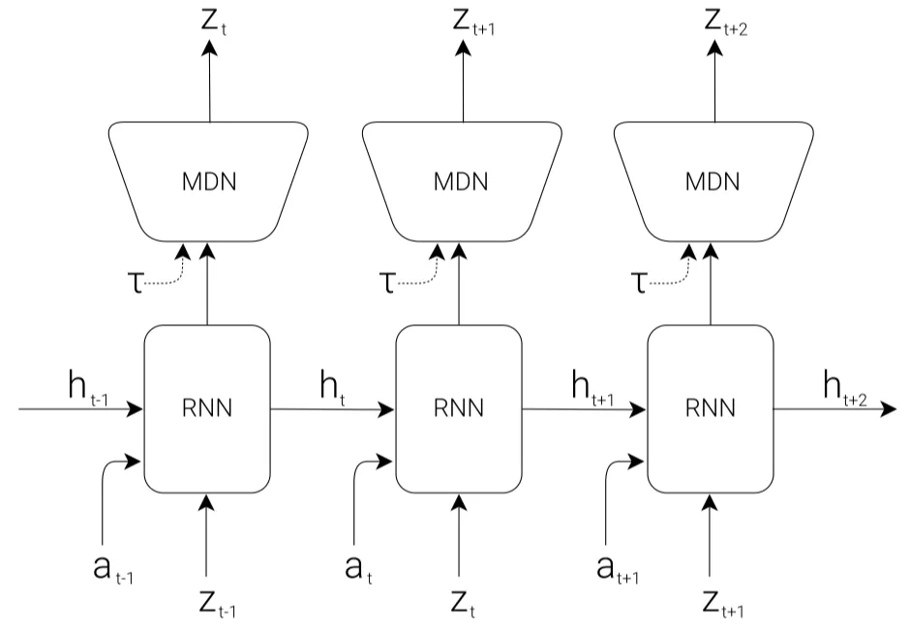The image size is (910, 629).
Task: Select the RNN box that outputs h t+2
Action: click(710, 409)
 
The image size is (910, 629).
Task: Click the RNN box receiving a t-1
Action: click(206, 409)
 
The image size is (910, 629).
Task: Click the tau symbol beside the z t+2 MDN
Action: click(639, 283)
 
